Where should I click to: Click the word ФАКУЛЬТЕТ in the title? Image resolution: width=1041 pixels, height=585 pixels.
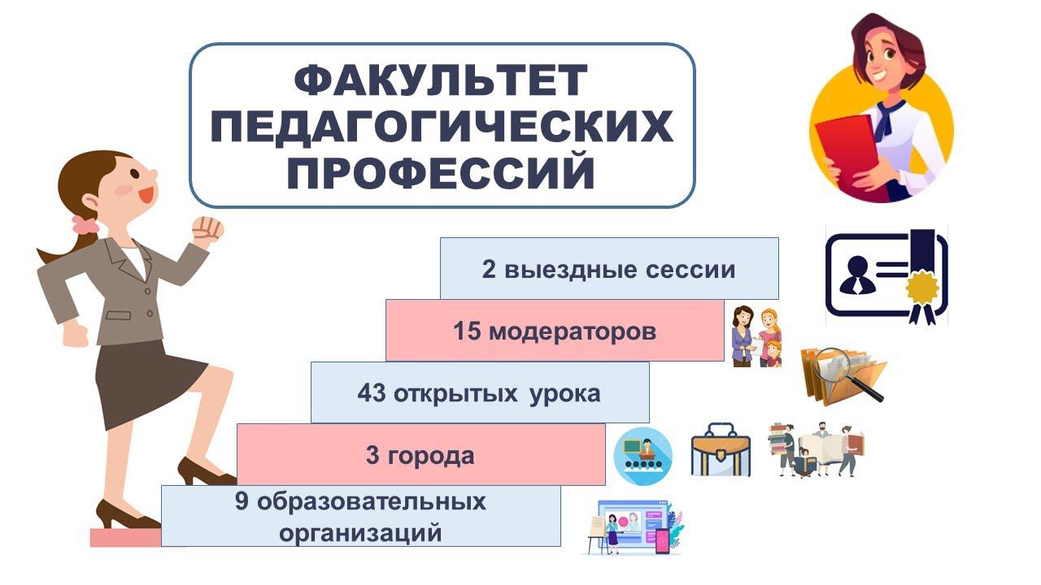click(440, 80)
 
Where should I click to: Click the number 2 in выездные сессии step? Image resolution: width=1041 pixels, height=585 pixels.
click(489, 270)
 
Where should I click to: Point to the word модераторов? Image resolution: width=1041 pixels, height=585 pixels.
click(573, 331)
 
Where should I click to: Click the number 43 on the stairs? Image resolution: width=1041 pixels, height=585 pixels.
click(371, 394)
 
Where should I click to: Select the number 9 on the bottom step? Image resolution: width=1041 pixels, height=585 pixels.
click(242, 502)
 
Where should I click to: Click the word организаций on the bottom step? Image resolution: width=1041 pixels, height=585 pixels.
click(360, 533)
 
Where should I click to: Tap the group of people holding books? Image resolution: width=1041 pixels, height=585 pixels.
click(816, 449)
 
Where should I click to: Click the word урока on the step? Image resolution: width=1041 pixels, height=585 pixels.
click(565, 394)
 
